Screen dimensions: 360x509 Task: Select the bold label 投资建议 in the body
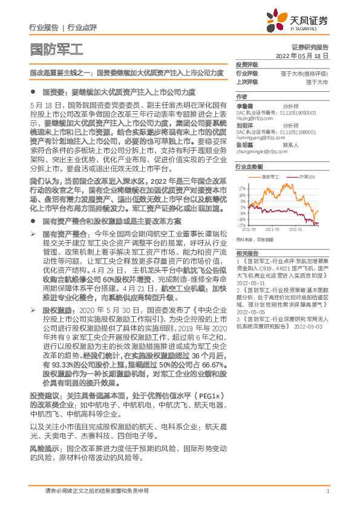(42, 394)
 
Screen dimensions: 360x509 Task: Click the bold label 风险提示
(42, 449)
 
